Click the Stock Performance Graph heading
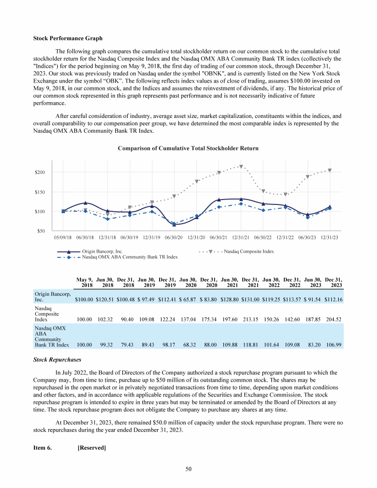[68, 38]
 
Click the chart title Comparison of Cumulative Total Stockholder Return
[188, 148]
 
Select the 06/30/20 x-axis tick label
[174, 237]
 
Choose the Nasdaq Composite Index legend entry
[248, 251]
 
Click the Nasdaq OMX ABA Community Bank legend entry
[130, 257]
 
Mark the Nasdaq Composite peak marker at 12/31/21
[241, 167]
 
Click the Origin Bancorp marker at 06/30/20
[174, 224]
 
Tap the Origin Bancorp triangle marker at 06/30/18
[85, 202]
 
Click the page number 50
[188, 470]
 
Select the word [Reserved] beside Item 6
[92, 448]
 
